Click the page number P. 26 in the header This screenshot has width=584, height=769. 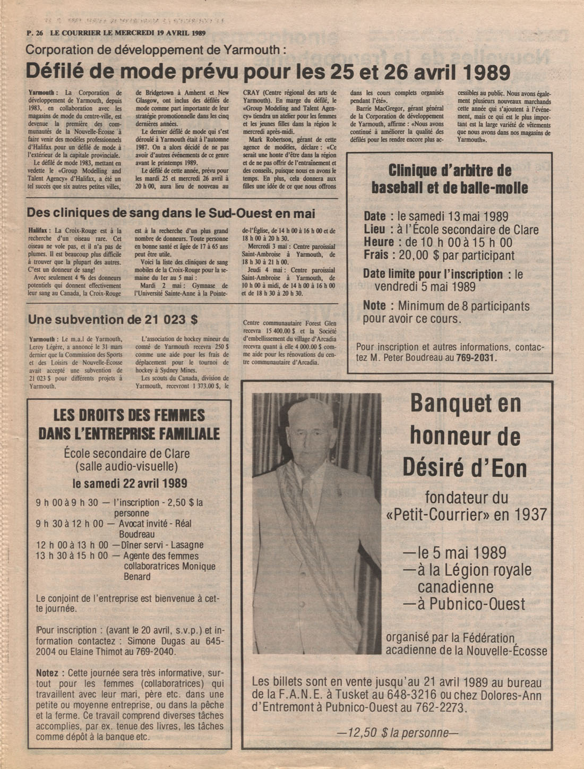tap(35, 32)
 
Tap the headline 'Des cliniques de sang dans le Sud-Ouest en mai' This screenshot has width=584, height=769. tap(171, 213)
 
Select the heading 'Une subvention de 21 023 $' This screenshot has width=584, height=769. tap(113, 319)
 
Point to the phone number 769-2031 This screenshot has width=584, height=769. tap(476, 357)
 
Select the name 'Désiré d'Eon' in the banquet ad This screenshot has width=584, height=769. tap(465, 468)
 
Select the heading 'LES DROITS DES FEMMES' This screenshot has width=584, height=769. tap(129, 415)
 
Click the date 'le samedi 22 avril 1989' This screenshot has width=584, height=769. tap(130, 483)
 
